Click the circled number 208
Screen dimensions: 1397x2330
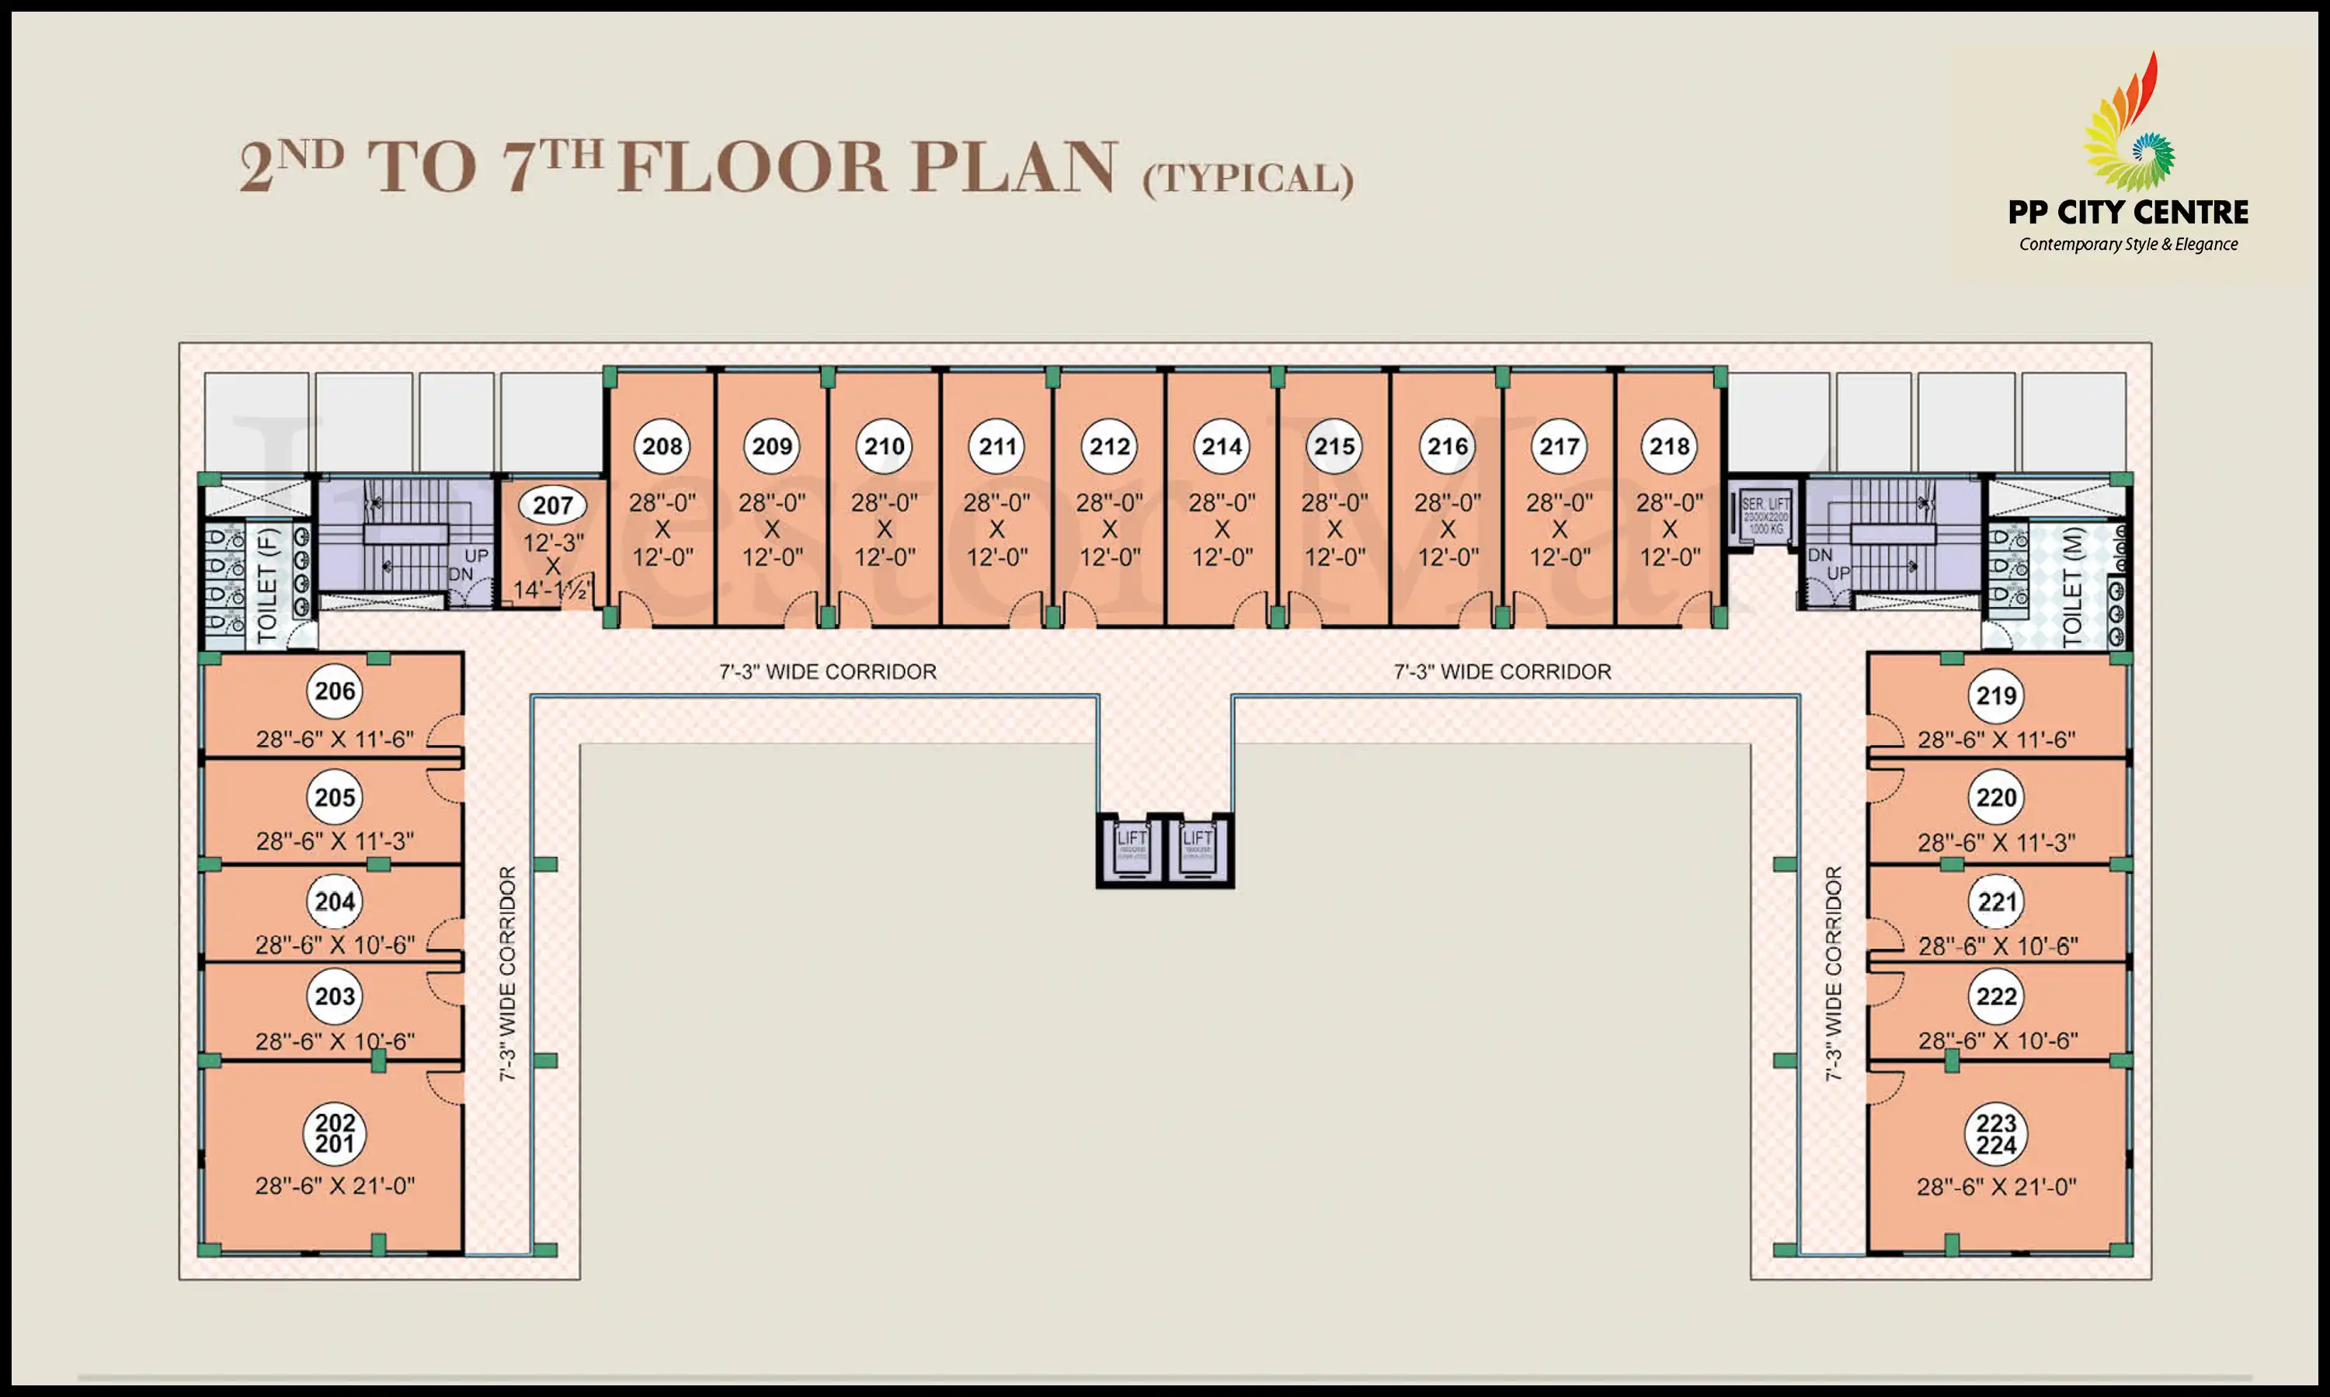(x=662, y=446)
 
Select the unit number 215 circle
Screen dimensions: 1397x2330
(x=1334, y=446)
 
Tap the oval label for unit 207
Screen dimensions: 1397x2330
(x=553, y=505)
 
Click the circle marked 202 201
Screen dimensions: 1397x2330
(x=334, y=1133)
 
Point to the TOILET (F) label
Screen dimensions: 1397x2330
(x=269, y=584)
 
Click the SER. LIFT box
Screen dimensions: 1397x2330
(x=1765, y=517)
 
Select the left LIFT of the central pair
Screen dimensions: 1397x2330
(x=1131, y=850)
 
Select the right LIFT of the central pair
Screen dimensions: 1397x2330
(x=1197, y=850)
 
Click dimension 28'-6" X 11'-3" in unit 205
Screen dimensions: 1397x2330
(x=334, y=841)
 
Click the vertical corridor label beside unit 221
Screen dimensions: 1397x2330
(x=1833, y=973)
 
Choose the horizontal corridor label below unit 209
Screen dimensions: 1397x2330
(x=827, y=672)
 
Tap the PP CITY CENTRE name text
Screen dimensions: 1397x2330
(x=2127, y=213)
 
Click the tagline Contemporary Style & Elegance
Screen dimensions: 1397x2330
(x=2127, y=244)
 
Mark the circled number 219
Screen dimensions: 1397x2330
(x=1996, y=695)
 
